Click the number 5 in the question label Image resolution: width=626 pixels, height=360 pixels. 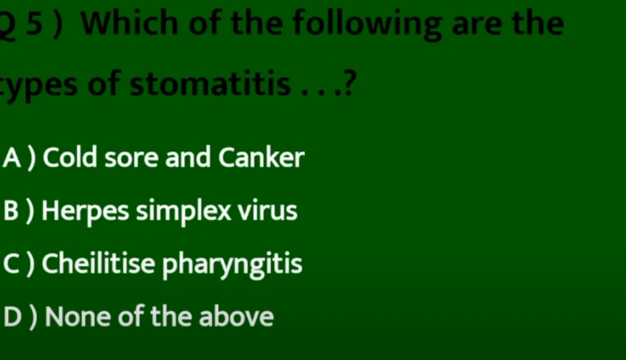point(35,24)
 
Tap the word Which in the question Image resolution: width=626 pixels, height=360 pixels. point(129,23)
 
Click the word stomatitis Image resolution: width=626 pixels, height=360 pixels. point(210,83)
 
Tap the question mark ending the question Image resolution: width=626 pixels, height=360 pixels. point(348,83)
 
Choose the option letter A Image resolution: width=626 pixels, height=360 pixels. point(12,157)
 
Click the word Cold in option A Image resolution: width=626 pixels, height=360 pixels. point(70,157)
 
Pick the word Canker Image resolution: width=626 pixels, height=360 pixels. point(261,157)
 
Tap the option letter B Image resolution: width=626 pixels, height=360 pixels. point(11,211)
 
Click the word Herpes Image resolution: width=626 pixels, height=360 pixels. point(86,212)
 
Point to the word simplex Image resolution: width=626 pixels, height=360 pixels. point(184,211)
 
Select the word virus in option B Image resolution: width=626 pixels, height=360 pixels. point(268,211)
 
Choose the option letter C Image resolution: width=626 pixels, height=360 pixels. point(11,264)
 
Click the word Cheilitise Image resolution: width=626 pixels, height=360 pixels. point(98,264)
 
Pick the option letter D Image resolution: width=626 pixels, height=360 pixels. point(12,317)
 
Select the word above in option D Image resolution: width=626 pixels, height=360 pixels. point(236,316)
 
